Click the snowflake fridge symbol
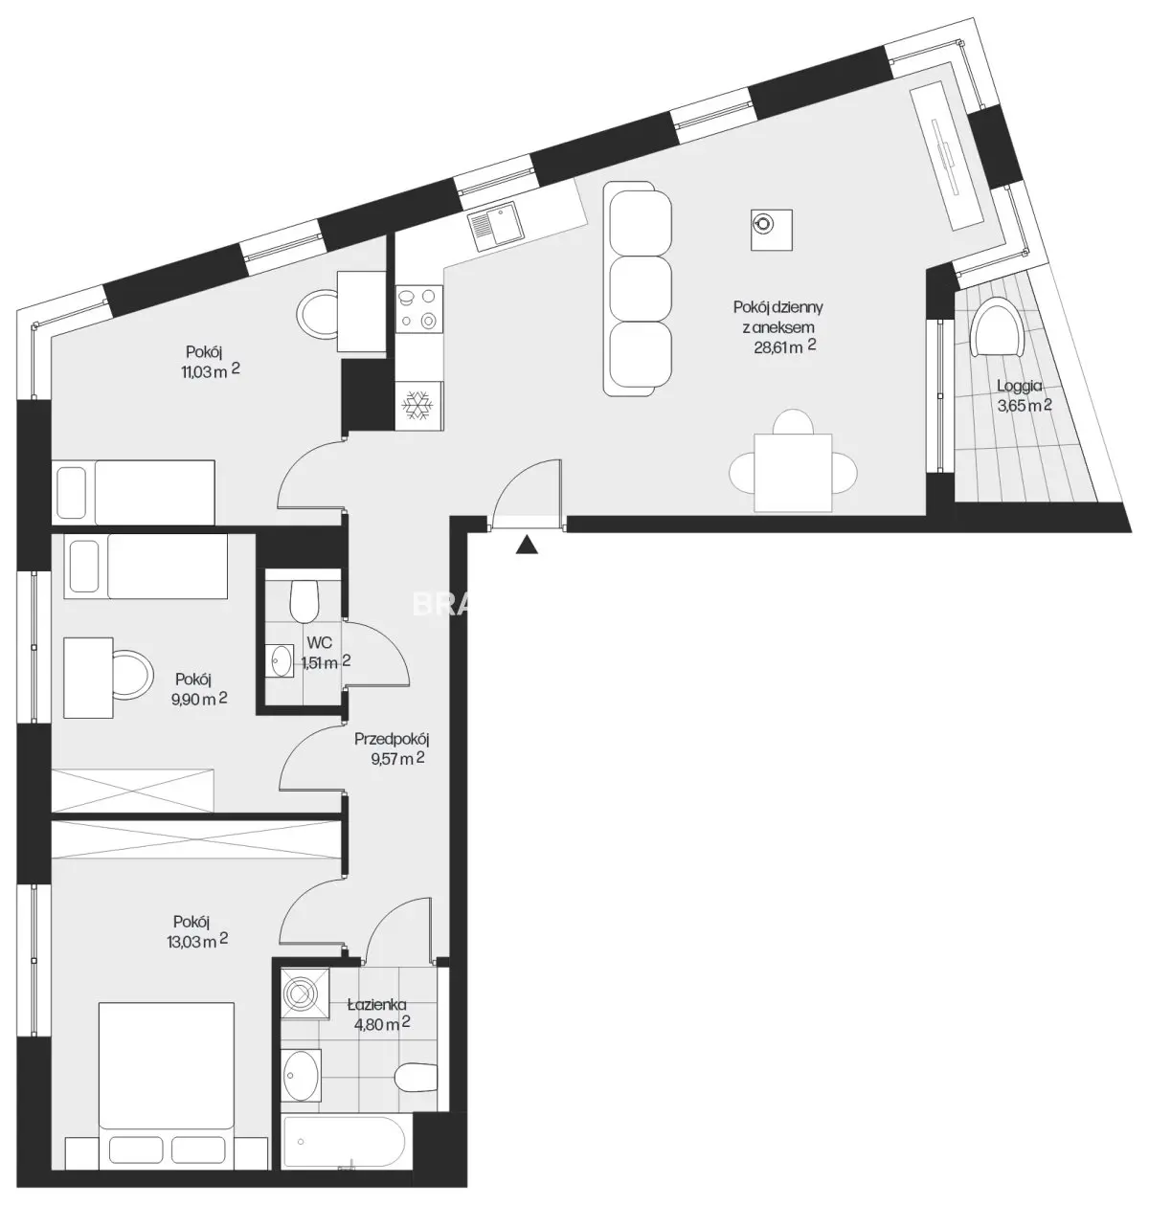(418, 405)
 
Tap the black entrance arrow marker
(527, 545)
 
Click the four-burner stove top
(418, 309)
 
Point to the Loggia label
(1019, 386)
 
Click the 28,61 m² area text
(785, 346)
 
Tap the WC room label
(320, 642)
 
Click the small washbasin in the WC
(281, 660)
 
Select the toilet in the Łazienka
(417, 1078)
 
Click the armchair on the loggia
(998, 326)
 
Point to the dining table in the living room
(793, 473)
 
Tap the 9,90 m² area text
(199, 699)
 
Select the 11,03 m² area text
(209, 370)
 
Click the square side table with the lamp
(772, 230)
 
